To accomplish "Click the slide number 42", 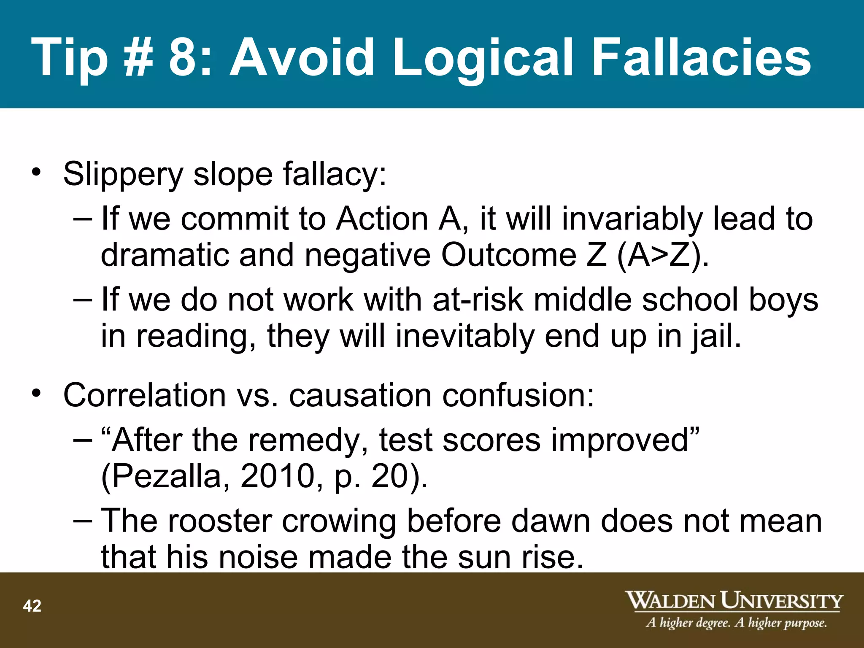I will [32, 606].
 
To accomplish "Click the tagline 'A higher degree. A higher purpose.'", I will [736, 623].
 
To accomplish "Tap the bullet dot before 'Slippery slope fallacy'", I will [37, 173].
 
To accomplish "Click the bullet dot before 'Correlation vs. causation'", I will [37, 393].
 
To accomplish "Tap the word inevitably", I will [464, 337].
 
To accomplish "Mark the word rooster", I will [220, 521].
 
